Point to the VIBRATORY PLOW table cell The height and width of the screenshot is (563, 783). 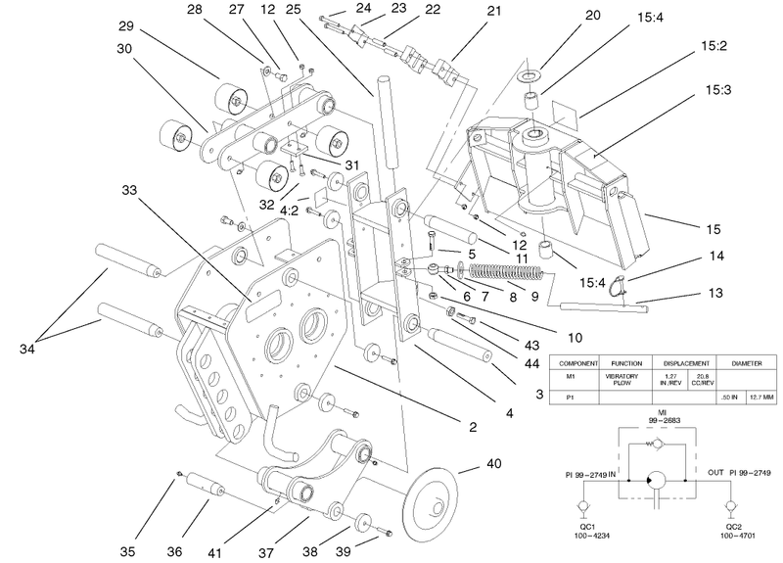(x=622, y=380)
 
